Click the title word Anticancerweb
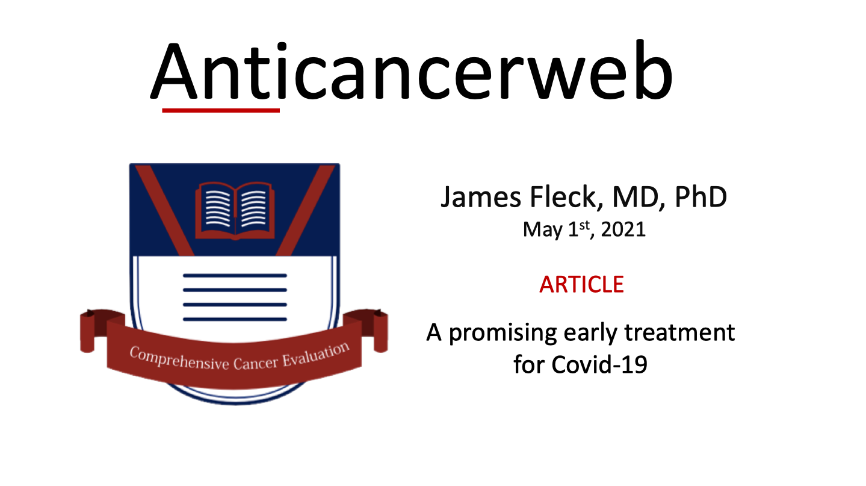pos(412,70)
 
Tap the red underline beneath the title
pos(221,111)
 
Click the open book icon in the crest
pos(235,211)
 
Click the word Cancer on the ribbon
pos(256,363)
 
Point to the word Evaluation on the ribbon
pos(316,354)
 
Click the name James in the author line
pos(481,197)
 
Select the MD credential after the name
pos(639,197)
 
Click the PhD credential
pos(701,197)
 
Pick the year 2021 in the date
pos(623,229)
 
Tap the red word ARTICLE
pos(581,284)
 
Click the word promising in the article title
pos(503,334)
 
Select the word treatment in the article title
pos(679,332)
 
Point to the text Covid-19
pos(599,364)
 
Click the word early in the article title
pos(590,334)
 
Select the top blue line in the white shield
pos(235,275)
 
